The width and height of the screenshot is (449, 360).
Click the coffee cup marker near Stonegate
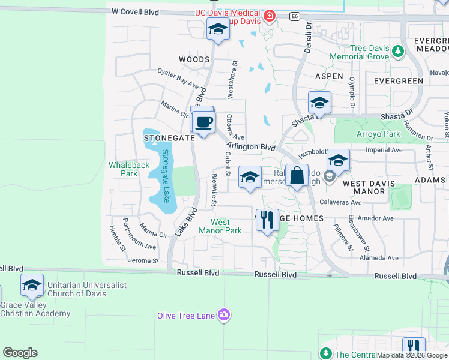click(203, 122)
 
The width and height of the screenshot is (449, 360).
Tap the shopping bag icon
click(297, 176)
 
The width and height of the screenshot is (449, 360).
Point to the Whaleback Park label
click(123, 169)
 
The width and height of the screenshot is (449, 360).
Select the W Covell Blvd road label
click(139, 12)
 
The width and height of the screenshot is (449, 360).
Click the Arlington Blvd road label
click(251, 147)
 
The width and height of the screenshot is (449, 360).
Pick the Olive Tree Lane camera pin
click(224, 315)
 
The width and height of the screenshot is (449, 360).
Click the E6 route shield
click(294, 16)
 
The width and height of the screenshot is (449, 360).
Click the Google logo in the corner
click(20, 353)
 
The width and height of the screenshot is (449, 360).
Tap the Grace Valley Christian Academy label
click(35, 309)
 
